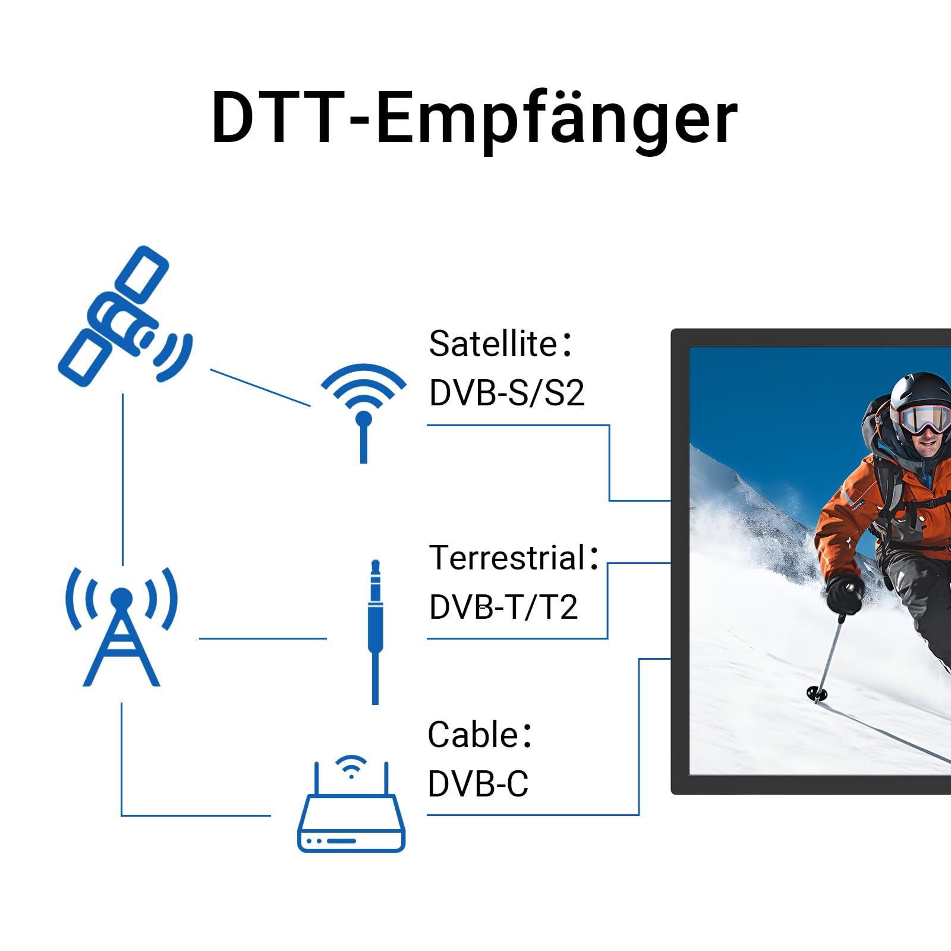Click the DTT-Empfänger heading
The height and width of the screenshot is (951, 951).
point(474,118)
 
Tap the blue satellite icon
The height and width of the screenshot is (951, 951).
point(125,316)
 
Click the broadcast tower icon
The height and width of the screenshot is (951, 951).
point(121,626)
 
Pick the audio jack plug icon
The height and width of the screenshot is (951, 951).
point(375,632)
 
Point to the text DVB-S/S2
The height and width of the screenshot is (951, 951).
point(507,393)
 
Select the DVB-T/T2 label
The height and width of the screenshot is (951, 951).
point(503,607)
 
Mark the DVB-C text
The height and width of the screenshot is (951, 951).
point(478,783)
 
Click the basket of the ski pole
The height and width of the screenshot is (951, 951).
point(817,693)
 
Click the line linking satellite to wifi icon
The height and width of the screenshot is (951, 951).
point(260,388)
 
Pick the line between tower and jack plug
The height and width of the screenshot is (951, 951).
point(263,638)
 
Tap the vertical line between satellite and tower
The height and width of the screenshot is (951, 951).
point(122,479)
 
